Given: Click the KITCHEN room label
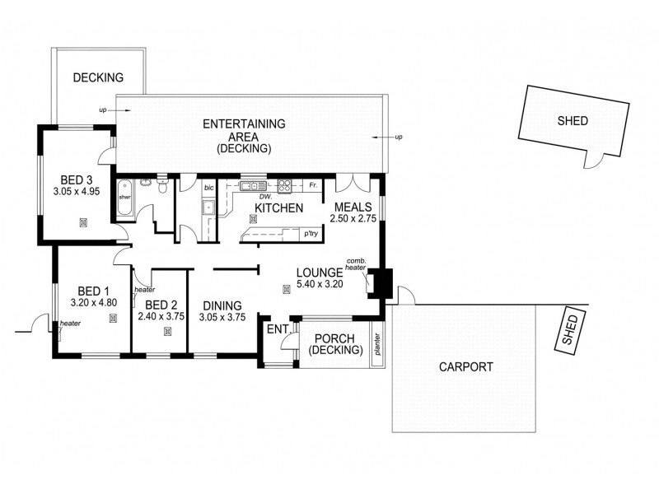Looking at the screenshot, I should pyautogui.click(x=278, y=208).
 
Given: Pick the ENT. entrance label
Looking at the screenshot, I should pyautogui.click(x=276, y=329).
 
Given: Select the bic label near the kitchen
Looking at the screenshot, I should pyautogui.click(x=208, y=188).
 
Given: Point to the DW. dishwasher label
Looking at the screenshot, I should pyautogui.click(x=264, y=197).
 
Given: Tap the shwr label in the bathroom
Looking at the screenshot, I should pyautogui.click(x=125, y=198).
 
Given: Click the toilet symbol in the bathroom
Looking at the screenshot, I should pyautogui.click(x=164, y=187).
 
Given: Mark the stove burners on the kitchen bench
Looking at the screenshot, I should pyautogui.click(x=285, y=185).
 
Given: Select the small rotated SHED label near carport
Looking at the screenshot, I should pyautogui.click(x=569, y=330).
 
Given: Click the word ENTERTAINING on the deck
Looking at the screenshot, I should pyautogui.click(x=244, y=123).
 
